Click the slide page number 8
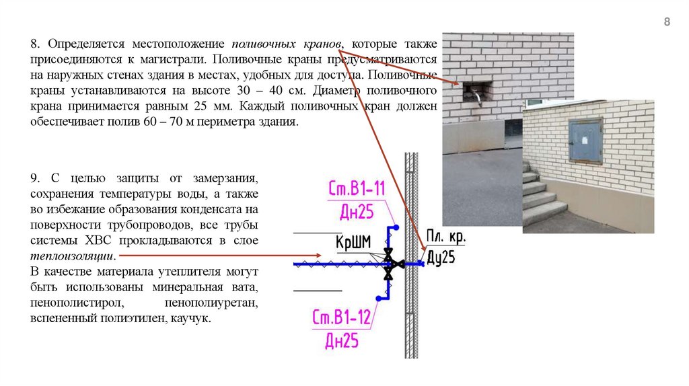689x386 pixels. click(667, 22)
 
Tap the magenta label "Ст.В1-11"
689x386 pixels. click(357, 189)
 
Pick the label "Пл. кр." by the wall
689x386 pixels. click(446, 237)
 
